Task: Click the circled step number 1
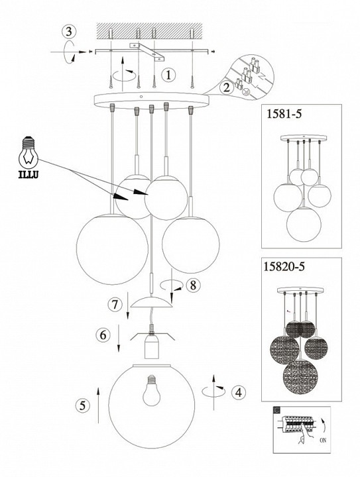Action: [169, 75]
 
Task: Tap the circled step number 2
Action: [226, 88]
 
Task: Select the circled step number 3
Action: [69, 31]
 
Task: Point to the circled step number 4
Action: [239, 392]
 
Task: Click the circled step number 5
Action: [82, 405]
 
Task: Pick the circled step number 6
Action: [103, 335]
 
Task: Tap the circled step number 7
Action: [115, 305]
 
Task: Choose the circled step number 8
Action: [193, 286]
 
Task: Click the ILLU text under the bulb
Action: [29, 175]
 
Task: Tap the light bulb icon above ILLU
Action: [29, 153]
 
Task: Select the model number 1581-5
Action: [284, 113]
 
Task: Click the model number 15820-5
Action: [284, 266]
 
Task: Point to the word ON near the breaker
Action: [323, 449]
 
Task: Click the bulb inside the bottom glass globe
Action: [152, 391]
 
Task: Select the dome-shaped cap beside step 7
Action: [152, 302]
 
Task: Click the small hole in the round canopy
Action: [141, 97]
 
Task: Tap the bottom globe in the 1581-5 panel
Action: [304, 224]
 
